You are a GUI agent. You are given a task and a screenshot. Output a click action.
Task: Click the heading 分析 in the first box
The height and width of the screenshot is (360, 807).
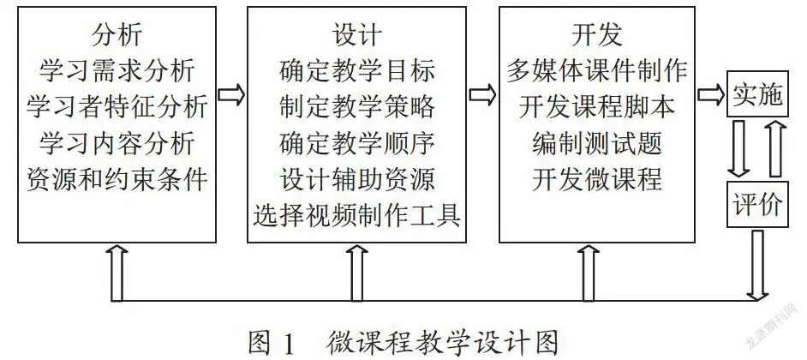[117, 35]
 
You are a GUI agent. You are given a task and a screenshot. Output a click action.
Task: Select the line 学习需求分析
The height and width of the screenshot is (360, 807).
[117, 70]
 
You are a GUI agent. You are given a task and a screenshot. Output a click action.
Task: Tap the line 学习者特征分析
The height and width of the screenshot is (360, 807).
[117, 106]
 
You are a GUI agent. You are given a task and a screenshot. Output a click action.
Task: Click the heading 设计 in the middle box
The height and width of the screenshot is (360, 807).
[356, 35]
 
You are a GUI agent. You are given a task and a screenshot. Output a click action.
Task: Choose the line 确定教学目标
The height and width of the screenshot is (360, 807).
[356, 70]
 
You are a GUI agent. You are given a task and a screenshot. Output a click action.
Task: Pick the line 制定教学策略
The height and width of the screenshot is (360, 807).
[356, 106]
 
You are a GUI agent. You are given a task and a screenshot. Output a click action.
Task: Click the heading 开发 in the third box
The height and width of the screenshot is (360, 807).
[597, 35]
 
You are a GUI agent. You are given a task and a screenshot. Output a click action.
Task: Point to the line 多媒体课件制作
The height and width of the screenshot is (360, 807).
[597, 70]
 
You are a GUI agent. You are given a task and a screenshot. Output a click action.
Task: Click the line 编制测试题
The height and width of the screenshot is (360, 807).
[597, 143]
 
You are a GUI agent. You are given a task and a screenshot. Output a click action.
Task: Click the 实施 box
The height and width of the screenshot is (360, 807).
[757, 93]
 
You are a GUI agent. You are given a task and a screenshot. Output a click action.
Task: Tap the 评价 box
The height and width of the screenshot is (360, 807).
[757, 204]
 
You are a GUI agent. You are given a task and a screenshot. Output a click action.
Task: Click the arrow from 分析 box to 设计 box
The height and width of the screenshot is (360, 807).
[231, 96]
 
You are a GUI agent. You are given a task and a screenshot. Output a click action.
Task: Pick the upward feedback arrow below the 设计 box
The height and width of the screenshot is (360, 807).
[356, 273]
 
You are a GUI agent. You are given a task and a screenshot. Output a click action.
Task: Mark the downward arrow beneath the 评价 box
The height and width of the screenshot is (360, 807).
[757, 265]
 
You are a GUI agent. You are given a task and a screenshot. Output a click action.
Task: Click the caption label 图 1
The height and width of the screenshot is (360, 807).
[272, 341]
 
